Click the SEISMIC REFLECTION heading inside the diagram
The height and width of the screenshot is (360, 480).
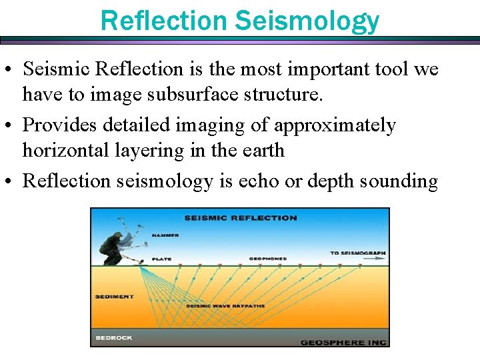(240, 218)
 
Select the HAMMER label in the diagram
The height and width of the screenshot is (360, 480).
(165, 235)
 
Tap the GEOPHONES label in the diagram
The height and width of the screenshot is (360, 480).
(267, 258)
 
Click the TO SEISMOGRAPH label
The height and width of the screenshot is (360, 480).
(357, 253)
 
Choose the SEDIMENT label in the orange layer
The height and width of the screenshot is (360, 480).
(114, 297)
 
